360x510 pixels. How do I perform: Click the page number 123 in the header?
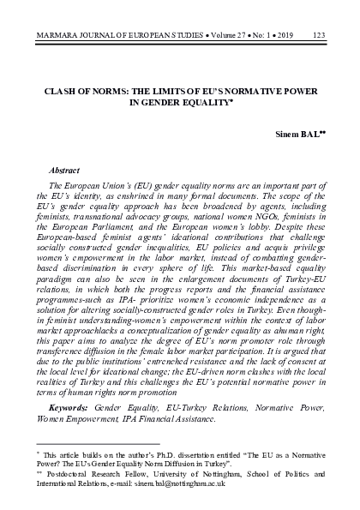(x=320, y=11)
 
